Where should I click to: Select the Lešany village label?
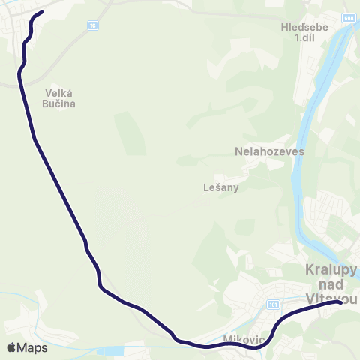pos(220,187)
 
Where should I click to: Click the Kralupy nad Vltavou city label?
pos(331,283)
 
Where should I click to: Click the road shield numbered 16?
pos(93,25)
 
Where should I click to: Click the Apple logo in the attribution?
pos(11,348)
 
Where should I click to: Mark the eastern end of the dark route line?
pos(340,302)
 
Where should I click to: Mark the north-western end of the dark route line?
pos(42,12)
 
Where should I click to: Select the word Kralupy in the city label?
pos(331,269)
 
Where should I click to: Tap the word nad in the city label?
pos(331,284)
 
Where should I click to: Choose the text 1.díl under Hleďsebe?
pos(304,37)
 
